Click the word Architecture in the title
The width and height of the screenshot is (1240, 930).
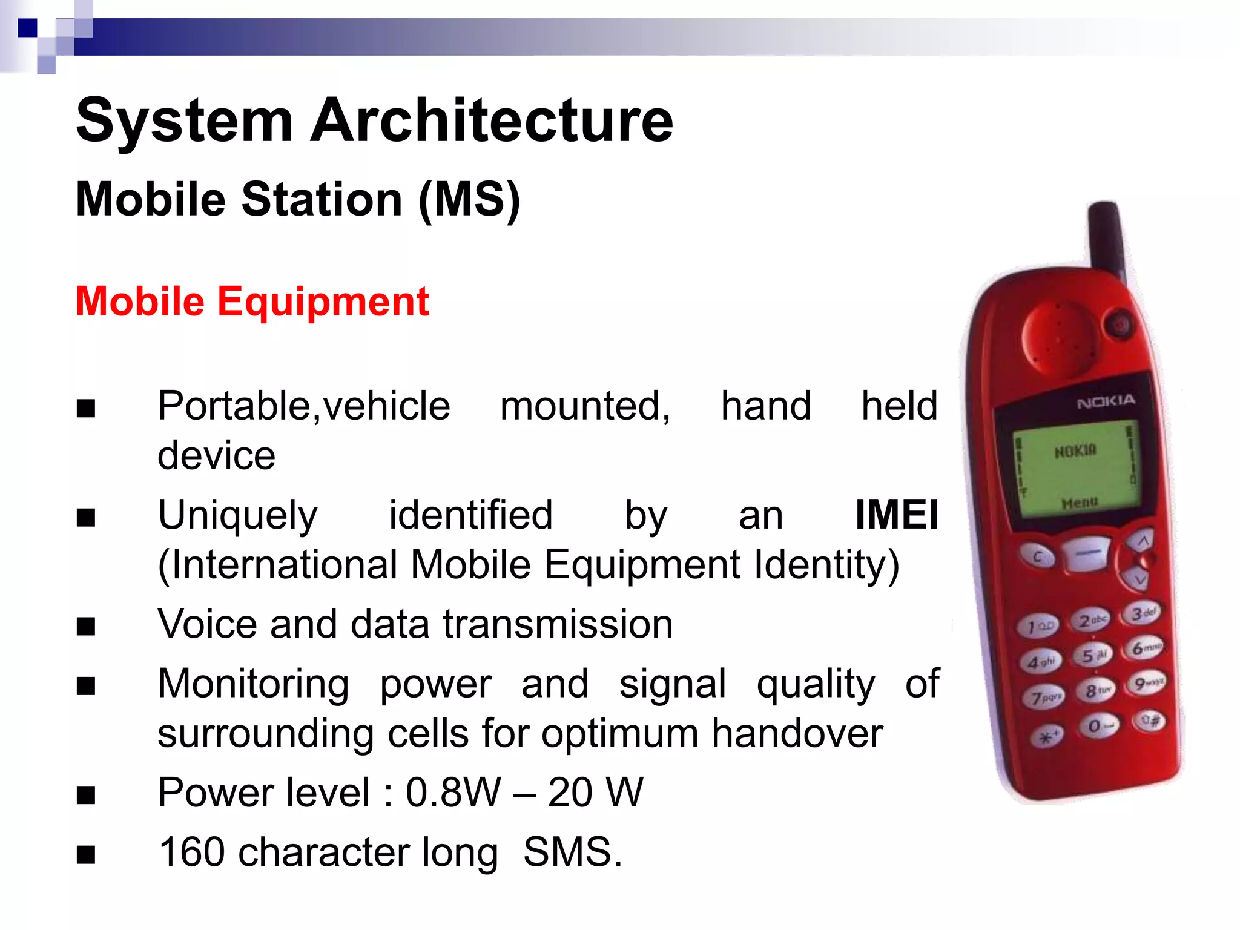pyautogui.click(x=492, y=121)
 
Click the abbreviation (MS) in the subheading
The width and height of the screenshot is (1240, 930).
pyautogui.click(x=469, y=200)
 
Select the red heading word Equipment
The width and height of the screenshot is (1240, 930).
pyautogui.click(x=323, y=302)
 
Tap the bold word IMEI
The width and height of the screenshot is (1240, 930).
pyautogui.click(x=896, y=515)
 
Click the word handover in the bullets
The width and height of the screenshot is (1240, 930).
pyautogui.click(x=797, y=734)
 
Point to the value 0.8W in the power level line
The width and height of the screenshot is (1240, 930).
pyautogui.click(x=453, y=793)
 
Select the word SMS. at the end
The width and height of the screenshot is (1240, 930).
pyautogui.click(x=572, y=852)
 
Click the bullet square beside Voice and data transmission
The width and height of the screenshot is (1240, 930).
pyautogui.click(x=86, y=626)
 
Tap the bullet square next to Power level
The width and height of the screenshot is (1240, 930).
pyautogui.click(x=86, y=794)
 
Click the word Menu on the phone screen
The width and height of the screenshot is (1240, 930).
pyautogui.click(x=1079, y=503)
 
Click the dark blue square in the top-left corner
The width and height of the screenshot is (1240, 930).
pyautogui.click(x=27, y=28)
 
